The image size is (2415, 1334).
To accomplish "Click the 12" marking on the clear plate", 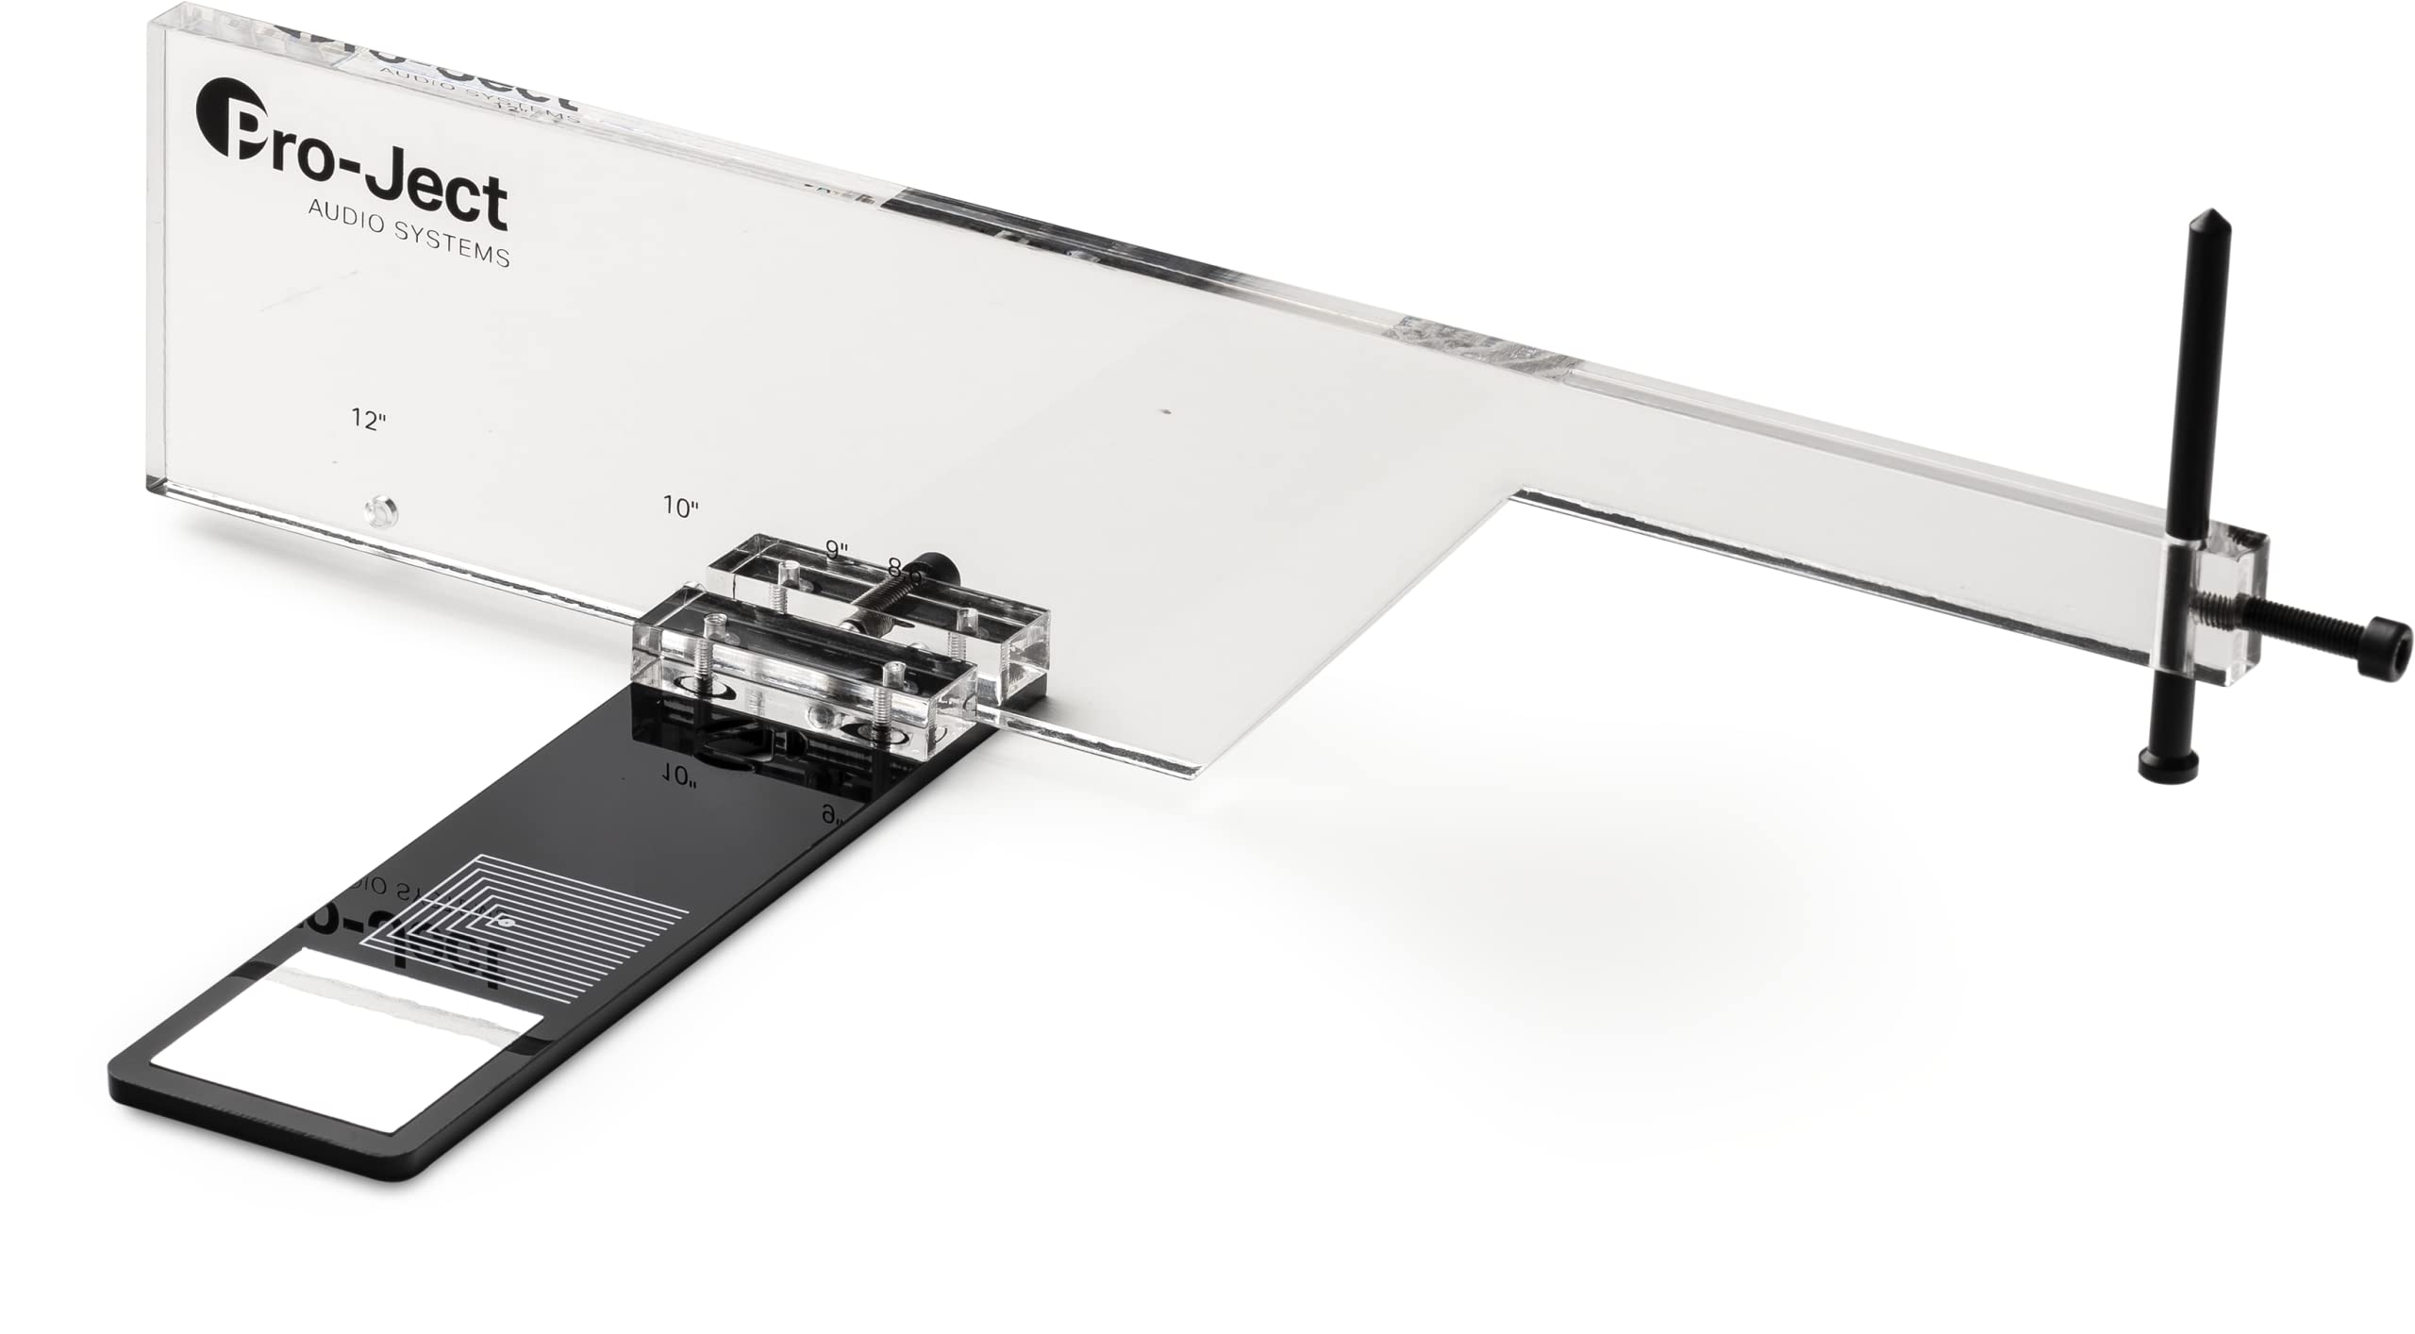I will click(369, 421).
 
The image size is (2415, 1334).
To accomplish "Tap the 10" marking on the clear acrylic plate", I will click(680, 507).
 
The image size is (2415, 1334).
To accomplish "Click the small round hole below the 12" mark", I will click(379, 512).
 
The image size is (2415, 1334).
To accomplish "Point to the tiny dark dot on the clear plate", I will click(1167, 411).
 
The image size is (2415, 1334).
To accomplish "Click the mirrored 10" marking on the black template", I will click(678, 775).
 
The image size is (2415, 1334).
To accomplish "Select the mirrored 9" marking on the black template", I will click(831, 815).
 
